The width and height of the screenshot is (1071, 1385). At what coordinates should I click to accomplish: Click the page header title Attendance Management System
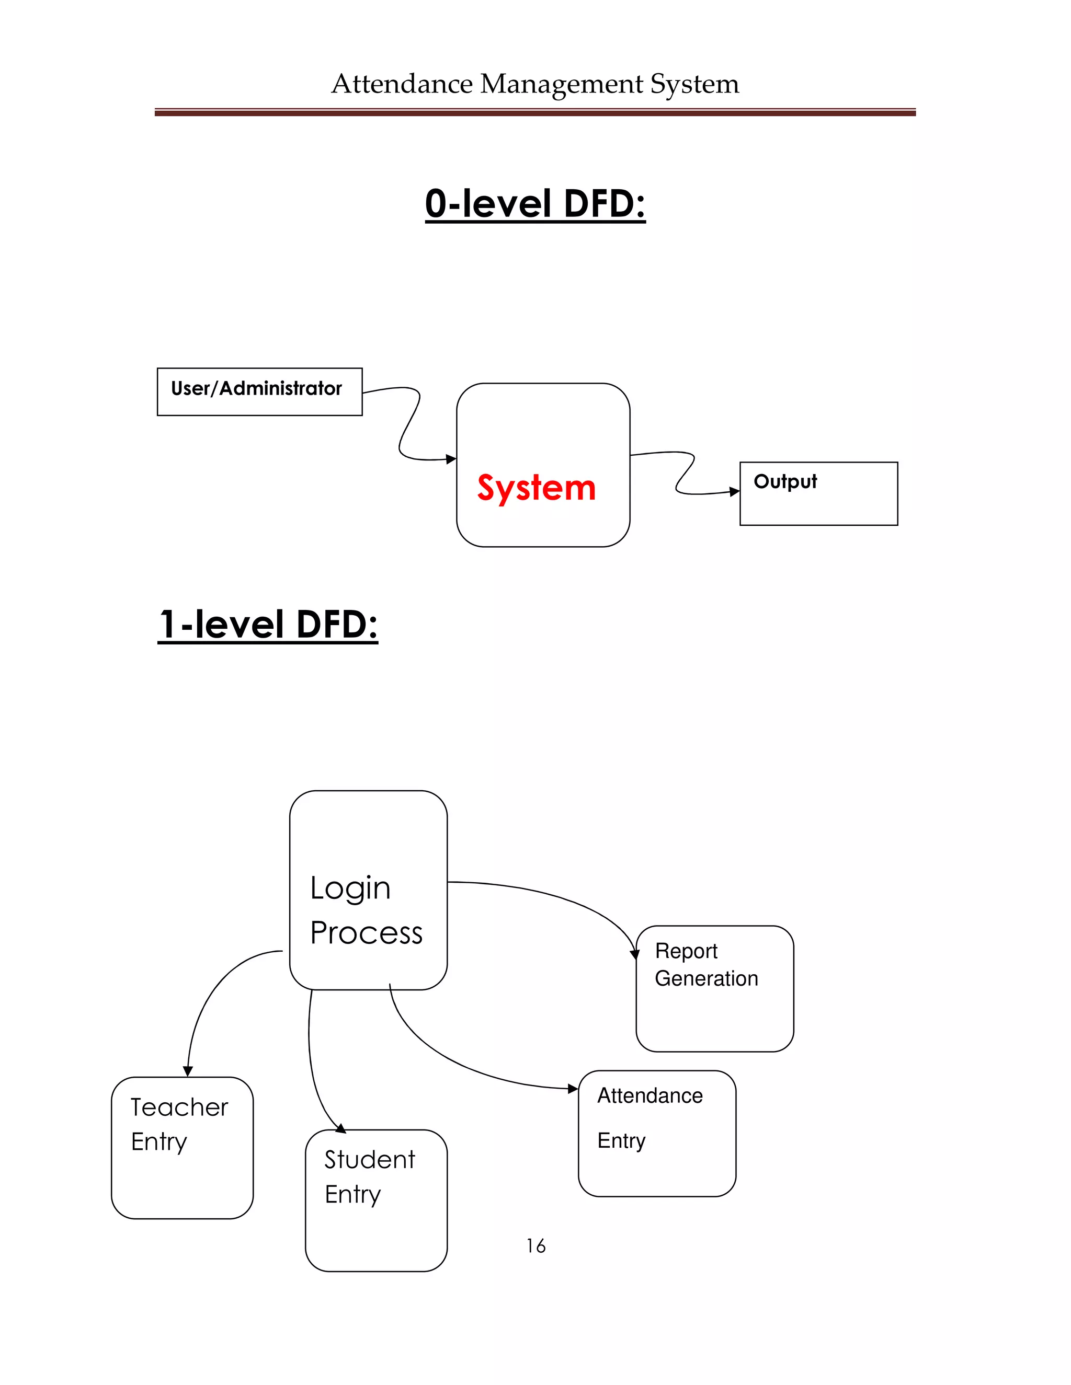pos(535,84)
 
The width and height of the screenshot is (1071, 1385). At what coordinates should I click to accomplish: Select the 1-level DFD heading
pos(268,624)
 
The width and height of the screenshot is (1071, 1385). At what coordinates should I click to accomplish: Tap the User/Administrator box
pos(259,391)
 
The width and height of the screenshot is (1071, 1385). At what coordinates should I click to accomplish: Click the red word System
pos(536,488)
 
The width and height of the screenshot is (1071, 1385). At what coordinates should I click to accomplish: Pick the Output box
pos(818,493)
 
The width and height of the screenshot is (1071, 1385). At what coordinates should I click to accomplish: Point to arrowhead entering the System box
pos(451,459)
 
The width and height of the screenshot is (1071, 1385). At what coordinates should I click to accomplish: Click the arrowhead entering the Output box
pos(735,491)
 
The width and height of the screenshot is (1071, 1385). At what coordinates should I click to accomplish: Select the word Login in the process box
pos(350,888)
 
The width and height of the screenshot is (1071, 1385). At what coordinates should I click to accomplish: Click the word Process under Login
pos(366,933)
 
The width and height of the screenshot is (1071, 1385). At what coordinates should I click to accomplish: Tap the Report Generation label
pos(705,965)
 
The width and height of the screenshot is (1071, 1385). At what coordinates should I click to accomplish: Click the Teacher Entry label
pos(179,1124)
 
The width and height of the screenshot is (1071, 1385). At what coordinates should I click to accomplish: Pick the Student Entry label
pos(369,1177)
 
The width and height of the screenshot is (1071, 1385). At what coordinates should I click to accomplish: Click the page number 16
pos(535,1246)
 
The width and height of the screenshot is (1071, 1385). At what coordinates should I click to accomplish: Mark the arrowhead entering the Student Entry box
pos(341,1128)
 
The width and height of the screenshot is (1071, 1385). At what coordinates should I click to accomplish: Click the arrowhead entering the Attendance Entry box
pos(573,1089)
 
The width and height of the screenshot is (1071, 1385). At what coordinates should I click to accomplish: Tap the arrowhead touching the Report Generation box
pos(635,954)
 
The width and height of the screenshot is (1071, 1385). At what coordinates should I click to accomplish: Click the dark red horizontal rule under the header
pos(535,113)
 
